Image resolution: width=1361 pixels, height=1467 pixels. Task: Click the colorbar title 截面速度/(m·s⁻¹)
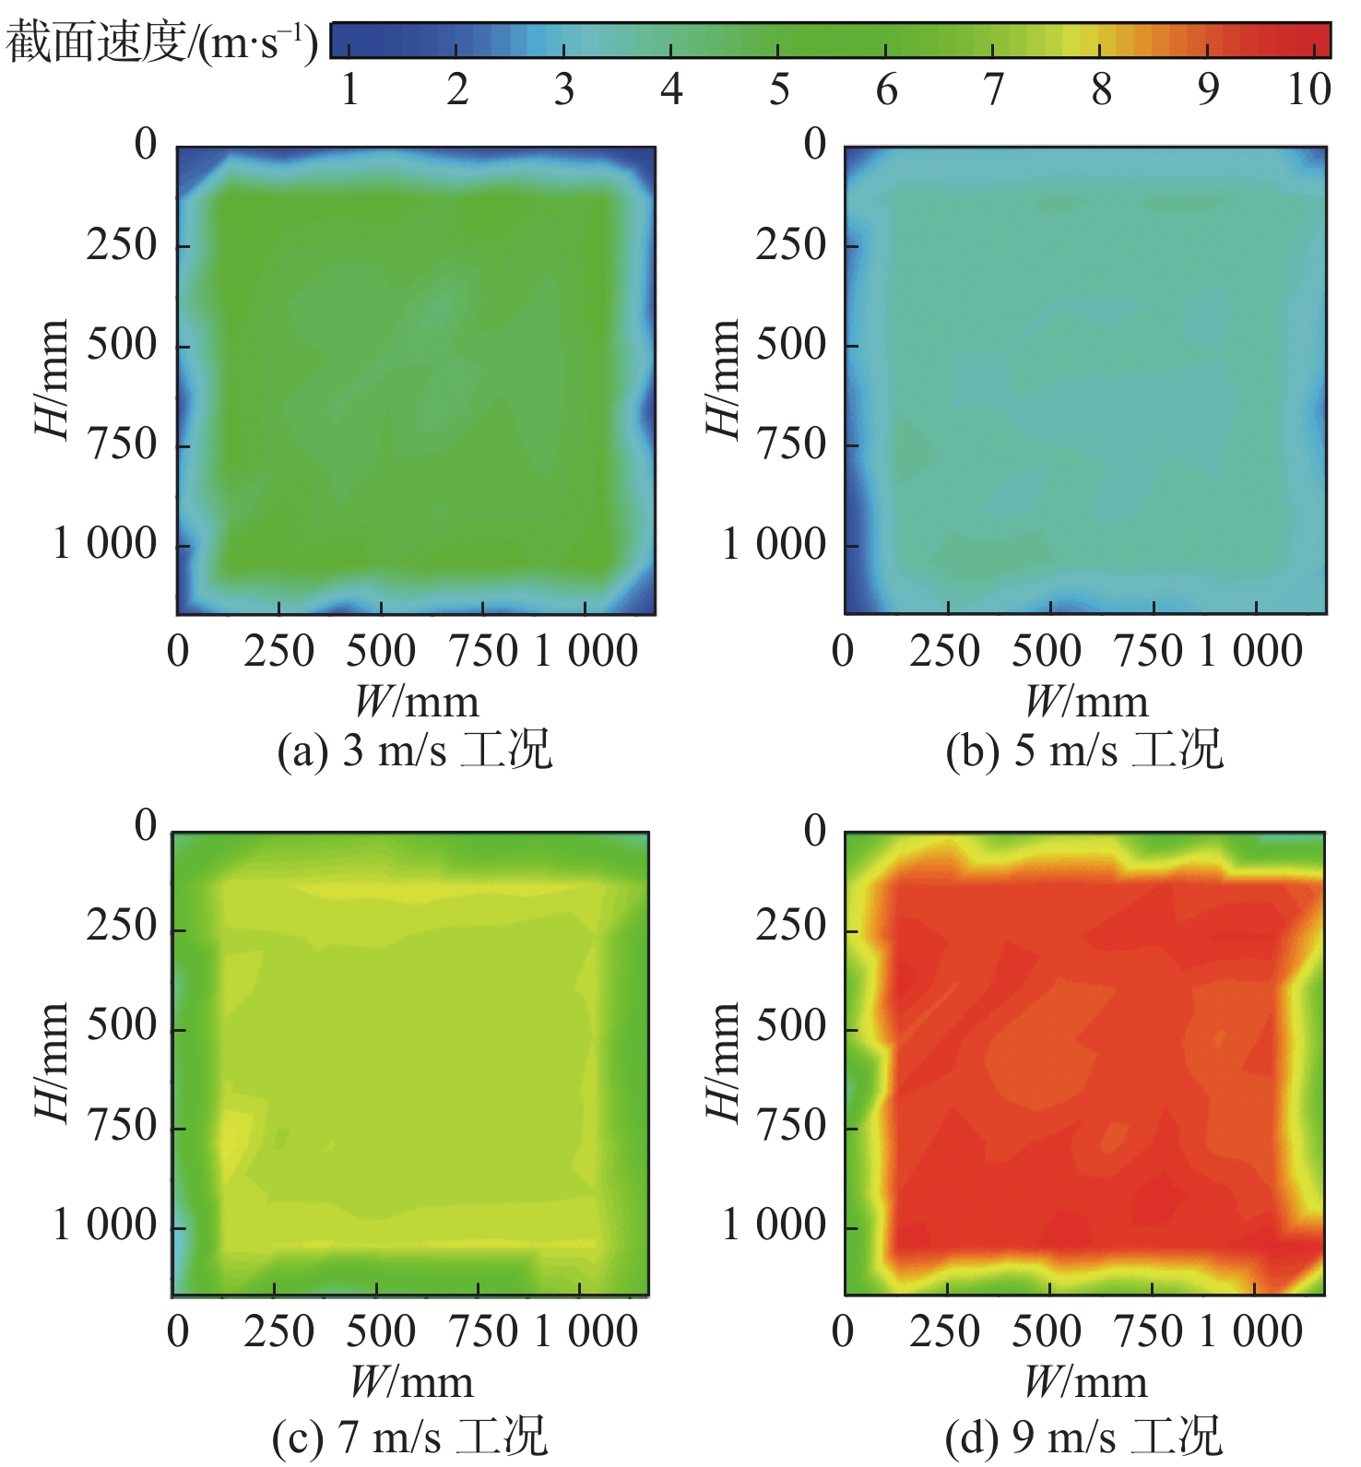[x=162, y=42]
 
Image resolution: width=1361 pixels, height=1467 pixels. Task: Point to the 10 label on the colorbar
[x=1308, y=89]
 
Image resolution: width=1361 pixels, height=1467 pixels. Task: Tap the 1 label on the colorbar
[x=349, y=89]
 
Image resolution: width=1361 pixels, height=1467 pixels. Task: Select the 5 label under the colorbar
[x=779, y=89]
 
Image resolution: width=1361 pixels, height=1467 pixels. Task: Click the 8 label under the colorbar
[x=1101, y=89]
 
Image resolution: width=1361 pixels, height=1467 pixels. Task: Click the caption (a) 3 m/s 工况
[x=414, y=750]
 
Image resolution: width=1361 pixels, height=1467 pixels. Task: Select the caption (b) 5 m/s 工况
[x=1084, y=750]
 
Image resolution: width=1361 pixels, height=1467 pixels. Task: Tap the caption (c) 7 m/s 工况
[x=410, y=1437]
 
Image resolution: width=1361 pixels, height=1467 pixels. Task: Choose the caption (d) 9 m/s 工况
[x=1084, y=1437]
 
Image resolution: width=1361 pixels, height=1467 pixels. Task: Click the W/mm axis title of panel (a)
[x=417, y=703]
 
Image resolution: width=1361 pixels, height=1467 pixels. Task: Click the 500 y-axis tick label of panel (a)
[x=122, y=345]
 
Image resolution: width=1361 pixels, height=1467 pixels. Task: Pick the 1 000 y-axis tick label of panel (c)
[x=105, y=1225]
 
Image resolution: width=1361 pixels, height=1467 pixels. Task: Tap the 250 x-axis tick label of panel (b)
[x=944, y=651]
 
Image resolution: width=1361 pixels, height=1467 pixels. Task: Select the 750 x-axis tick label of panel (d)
[x=1149, y=1331]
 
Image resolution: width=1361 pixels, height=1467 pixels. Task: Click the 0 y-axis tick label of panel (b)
[x=815, y=145]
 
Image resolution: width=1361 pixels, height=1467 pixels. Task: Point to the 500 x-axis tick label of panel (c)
[x=380, y=1331]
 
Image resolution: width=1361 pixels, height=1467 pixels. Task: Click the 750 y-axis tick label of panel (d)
[x=791, y=1126]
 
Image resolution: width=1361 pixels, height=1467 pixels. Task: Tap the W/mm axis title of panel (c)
[x=411, y=1383]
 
